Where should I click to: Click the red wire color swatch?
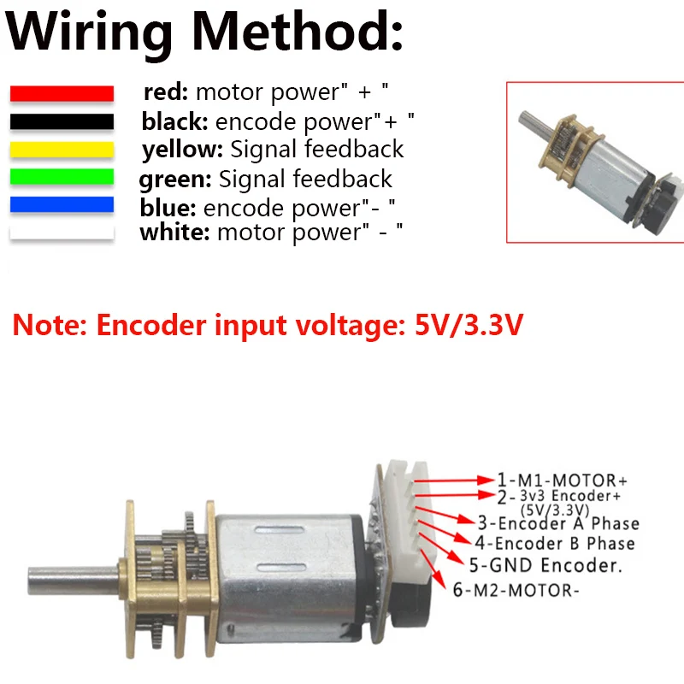click(x=62, y=93)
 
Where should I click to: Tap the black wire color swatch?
click(x=62, y=121)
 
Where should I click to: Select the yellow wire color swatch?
click(x=62, y=150)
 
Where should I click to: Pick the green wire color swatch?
click(x=62, y=178)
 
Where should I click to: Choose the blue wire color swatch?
click(x=62, y=205)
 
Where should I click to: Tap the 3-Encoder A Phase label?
click(x=557, y=523)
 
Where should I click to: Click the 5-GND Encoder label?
click(x=545, y=564)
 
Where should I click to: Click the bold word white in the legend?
click(x=174, y=233)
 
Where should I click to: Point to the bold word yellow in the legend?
click(x=182, y=150)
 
